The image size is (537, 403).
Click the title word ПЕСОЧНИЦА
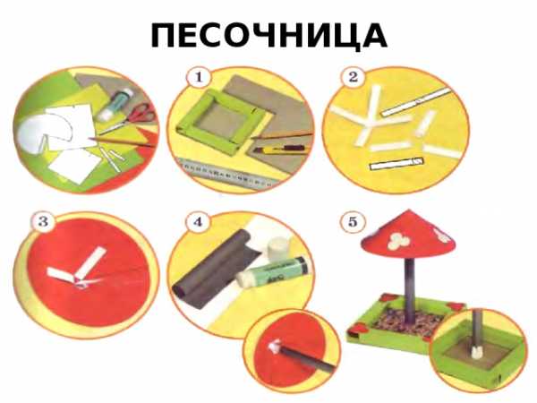point(269,36)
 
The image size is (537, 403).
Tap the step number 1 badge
point(199,77)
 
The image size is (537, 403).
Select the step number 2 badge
point(354,77)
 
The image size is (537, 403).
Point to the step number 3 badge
point(43,222)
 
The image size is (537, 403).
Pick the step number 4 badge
point(199,222)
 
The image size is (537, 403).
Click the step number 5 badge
point(353,222)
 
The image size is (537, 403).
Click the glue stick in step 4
point(272,271)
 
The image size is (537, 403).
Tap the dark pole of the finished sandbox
point(411,290)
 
